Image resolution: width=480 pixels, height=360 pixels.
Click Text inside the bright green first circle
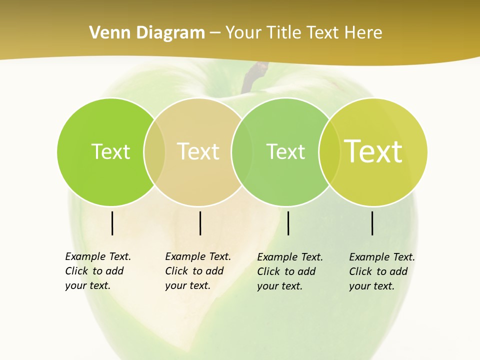click(110, 151)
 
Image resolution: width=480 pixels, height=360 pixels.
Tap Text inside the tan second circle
click(198, 151)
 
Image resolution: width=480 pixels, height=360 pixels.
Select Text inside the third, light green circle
click(285, 151)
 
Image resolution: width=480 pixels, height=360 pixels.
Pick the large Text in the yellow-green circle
click(373, 151)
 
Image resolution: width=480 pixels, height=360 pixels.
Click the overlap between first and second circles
click(154, 152)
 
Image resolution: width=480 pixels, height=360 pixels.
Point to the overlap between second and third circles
click(241, 152)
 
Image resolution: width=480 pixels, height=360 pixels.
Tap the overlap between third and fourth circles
click(329, 152)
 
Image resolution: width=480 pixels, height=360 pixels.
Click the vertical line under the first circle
click(112, 223)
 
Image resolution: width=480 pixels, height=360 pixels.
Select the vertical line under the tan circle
click(200, 223)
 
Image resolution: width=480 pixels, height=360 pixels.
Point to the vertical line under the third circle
click(288, 223)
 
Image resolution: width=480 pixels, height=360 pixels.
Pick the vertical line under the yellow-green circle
click(372, 223)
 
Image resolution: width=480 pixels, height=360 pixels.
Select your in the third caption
click(267, 286)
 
